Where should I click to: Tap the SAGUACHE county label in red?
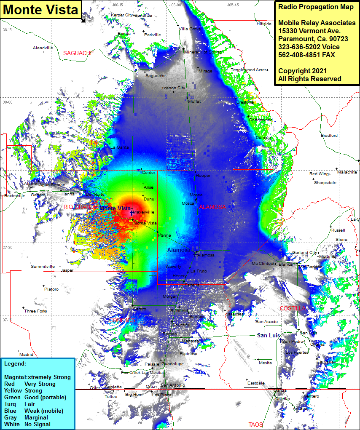pyautogui.click(x=78, y=53)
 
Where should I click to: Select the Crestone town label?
pyautogui.click(x=245, y=102)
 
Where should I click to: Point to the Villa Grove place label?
pyautogui.click(x=188, y=29)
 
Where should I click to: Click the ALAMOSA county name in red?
pyautogui.click(x=212, y=207)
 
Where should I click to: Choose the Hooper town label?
pyautogui.click(x=203, y=176)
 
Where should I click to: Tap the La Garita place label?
pyautogui.click(x=120, y=147)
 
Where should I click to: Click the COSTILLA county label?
pyautogui.click(x=293, y=309)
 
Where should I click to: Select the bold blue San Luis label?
pyautogui.click(x=269, y=336)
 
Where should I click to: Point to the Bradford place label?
pyautogui.click(x=329, y=136)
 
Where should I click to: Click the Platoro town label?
pyautogui.click(x=51, y=289)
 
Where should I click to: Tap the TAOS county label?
pyautogui.click(x=255, y=425)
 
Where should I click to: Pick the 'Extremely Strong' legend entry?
pyautogui.click(x=47, y=377)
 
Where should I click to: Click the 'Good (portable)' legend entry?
pyautogui.click(x=46, y=398)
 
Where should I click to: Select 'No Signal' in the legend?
pyautogui.click(x=38, y=424)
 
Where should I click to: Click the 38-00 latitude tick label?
pyautogui.click(x=7, y=102)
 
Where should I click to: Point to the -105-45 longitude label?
pyautogui.click(x=232, y=5)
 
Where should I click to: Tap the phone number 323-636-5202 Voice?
pyautogui.click(x=309, y=47)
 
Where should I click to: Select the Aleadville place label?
pyautogui.click(x=43, y=48)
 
